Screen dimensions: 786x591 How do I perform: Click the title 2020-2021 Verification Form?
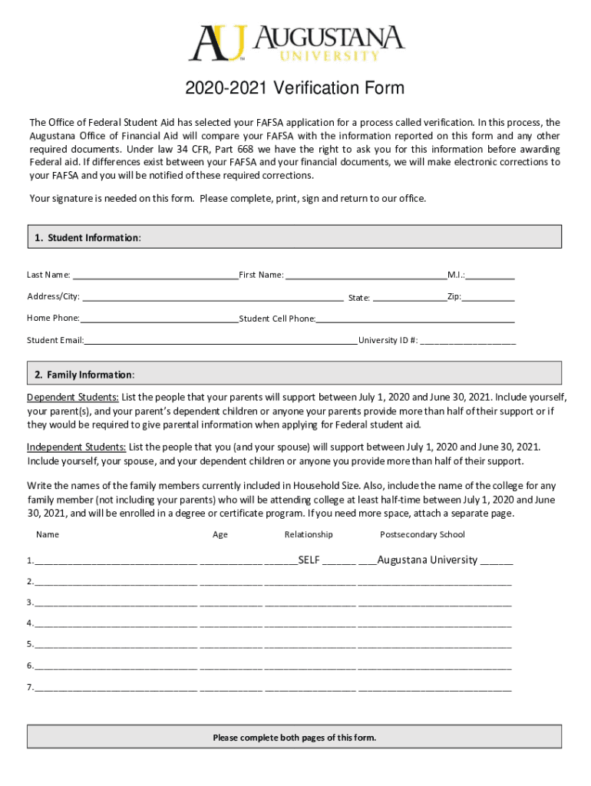[295, 89]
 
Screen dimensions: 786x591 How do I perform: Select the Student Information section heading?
[87, 238]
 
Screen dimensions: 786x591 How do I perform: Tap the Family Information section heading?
[84, 375]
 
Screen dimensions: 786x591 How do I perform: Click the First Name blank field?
[365, 276]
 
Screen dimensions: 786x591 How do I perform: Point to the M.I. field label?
[456, 275]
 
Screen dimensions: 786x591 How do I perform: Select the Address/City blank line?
[212, 297]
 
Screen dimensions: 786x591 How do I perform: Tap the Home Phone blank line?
[159, 319]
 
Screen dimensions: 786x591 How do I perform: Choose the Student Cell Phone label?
[277, 319]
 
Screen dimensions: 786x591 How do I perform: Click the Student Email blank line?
[221, 340]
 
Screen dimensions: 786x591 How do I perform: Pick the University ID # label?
[388, 340]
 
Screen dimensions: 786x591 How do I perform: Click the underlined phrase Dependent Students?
[73, 398]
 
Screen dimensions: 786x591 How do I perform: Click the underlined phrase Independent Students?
[77, 447]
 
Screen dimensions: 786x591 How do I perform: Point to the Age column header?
[220, 534]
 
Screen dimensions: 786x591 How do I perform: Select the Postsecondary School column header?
[422, 534]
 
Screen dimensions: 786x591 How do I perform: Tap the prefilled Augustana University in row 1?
[428, 560]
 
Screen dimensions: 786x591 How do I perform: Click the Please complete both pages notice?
[295, 738]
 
